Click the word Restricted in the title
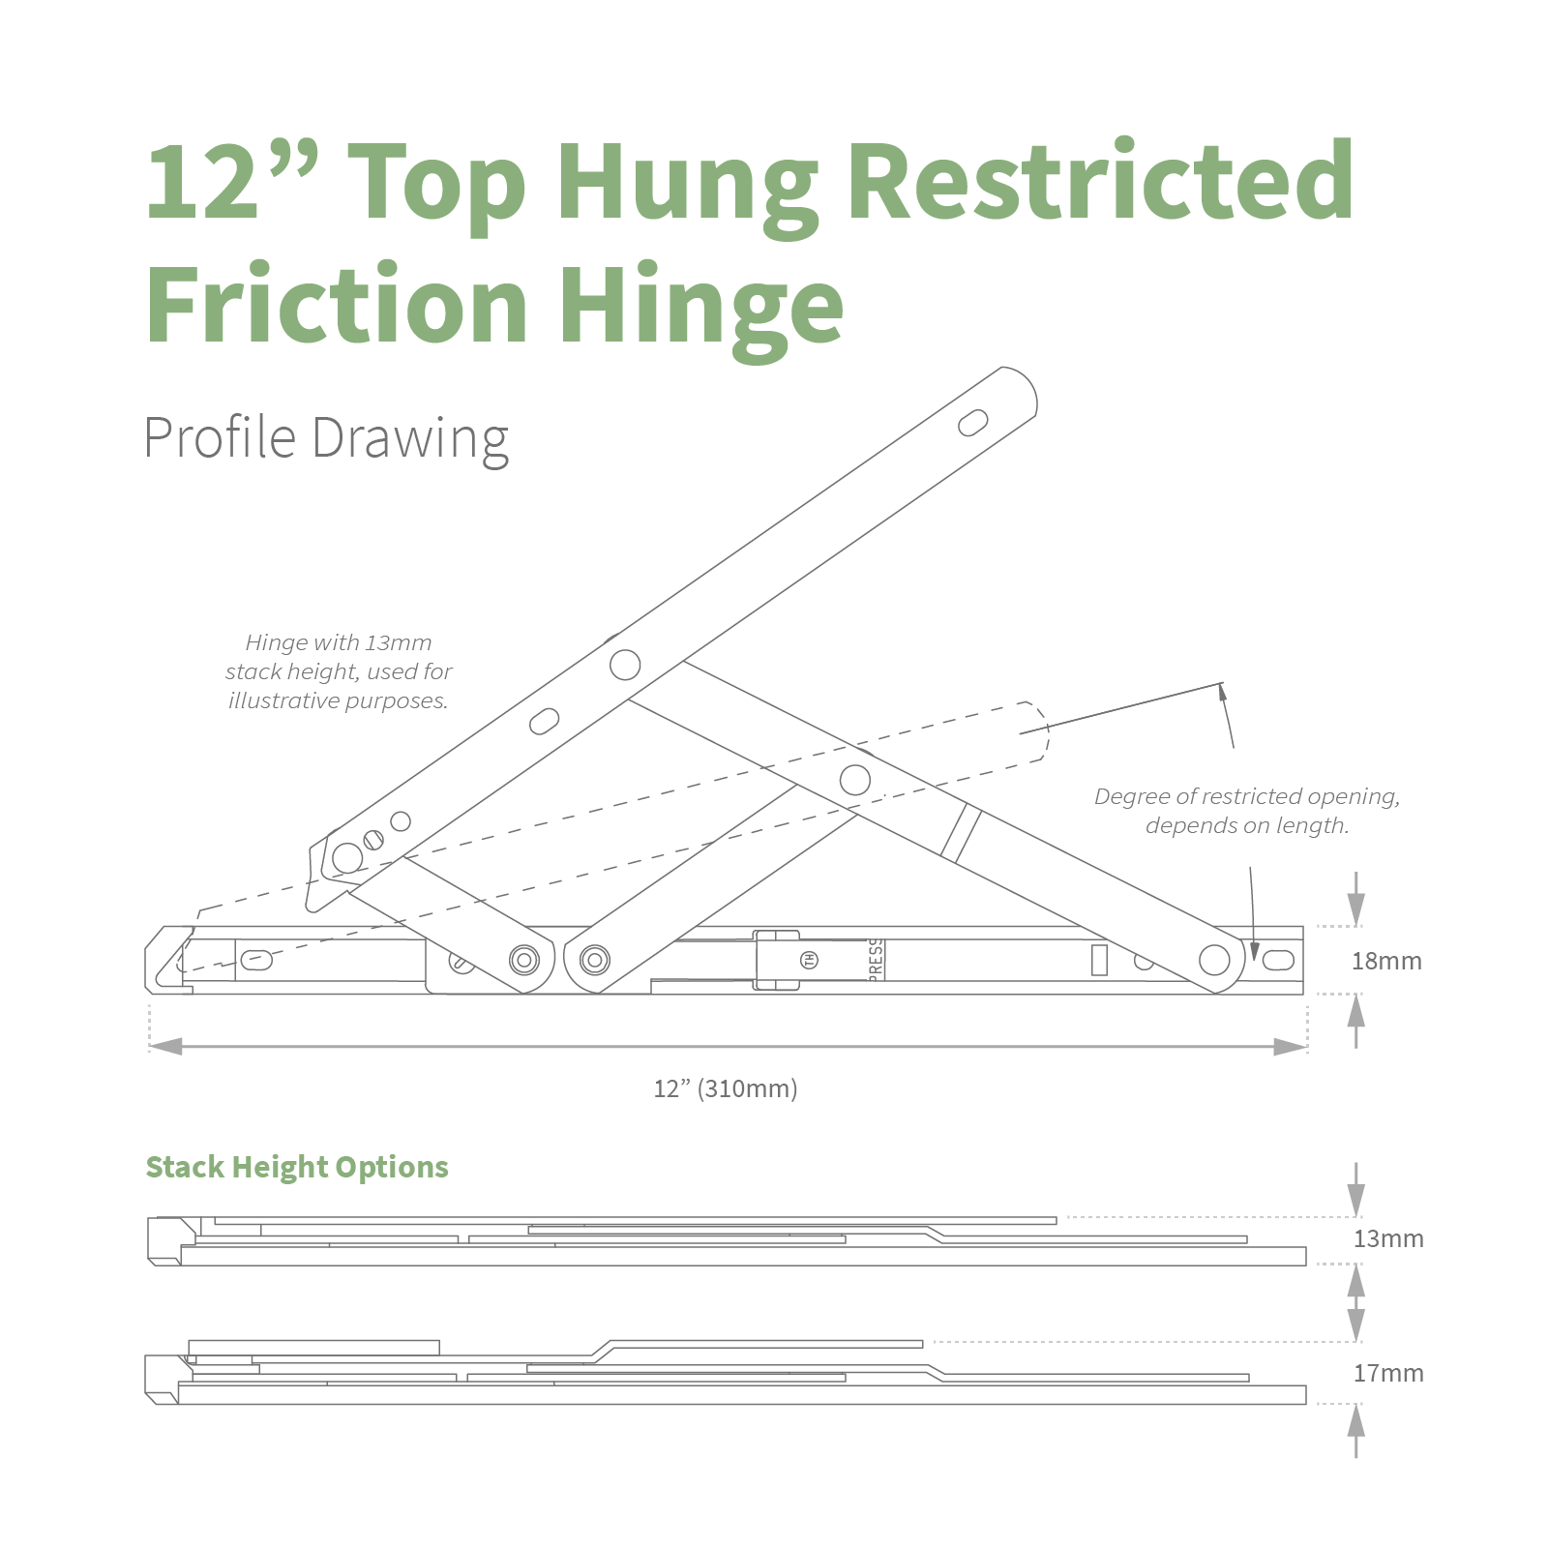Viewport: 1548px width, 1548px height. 1100,181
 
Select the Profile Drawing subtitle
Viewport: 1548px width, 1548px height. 326,438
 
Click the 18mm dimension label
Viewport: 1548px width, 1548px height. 1386,961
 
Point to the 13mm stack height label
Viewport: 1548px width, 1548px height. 1388,1238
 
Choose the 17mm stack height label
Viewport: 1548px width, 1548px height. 1388,1373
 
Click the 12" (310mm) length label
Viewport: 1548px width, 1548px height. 726,1088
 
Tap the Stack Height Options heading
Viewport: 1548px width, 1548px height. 297,1167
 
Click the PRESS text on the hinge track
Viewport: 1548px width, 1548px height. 876,960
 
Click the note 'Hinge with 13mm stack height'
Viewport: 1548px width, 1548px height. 339,671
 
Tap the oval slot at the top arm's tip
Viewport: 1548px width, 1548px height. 972,423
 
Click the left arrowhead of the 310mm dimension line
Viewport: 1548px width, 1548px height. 165,1047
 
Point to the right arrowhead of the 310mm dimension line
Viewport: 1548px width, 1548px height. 1290,1047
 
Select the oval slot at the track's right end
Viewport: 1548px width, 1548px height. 1278,960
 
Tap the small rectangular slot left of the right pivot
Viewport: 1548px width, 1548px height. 1099,960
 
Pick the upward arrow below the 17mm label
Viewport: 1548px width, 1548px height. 1356,1431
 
